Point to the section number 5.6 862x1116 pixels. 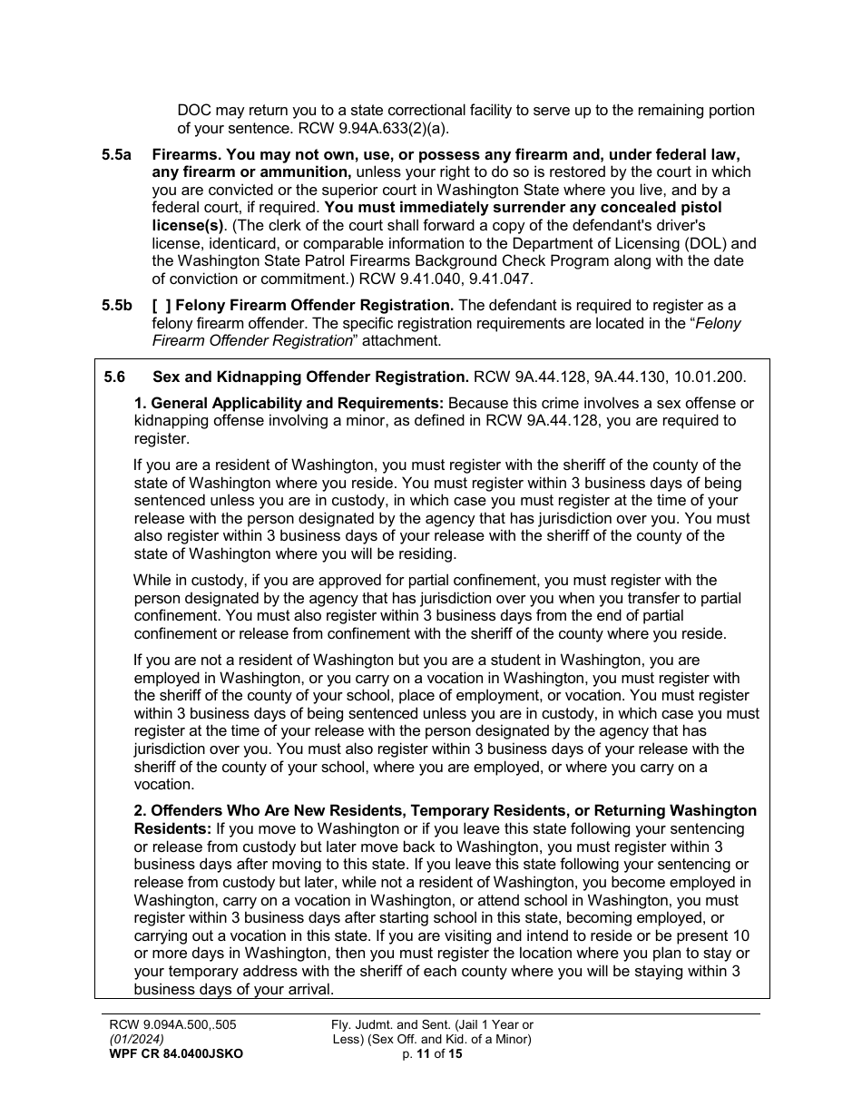pyautogui.click(x=115, y=377)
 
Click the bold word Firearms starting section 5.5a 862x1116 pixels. pyautogui.click(x=185, y=155)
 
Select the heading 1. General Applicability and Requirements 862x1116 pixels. pyautogui.click(x=289, y=403)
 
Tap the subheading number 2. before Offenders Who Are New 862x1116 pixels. pyautogui.click(x=141, y=810)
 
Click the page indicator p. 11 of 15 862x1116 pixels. pyautogui.click(x=432, y=1053)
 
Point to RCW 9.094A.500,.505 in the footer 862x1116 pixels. pyautogui.click(x=172, y=1025)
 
